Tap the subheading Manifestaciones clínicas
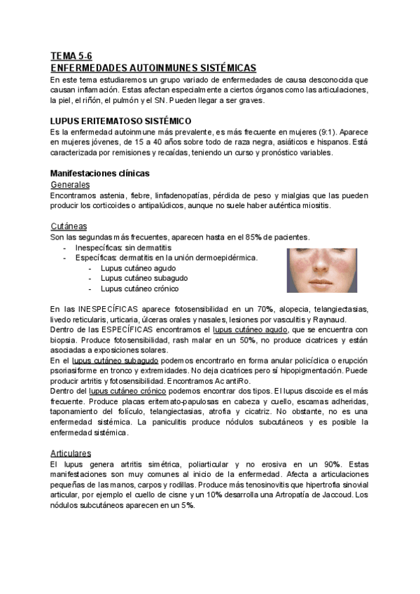pyautogui.click(x=99, y=173)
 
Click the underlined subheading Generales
pyautogui.click(x=70, y=184)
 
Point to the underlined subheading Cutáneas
pyautogui.click(x=69, y=226)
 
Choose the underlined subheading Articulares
pyautogui.click(x=72, y=453)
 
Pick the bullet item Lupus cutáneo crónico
pyautogui.click(x=139, y=288)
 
